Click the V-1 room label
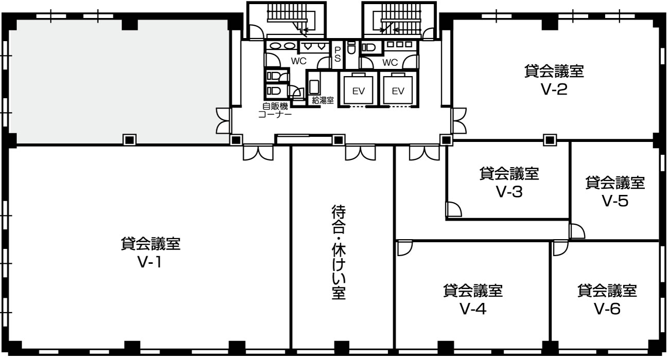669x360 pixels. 150,253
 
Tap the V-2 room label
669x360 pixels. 554,80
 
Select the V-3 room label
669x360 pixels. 509,183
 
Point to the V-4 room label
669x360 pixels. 473,299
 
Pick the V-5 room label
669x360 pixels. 615,191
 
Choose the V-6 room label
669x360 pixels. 607,299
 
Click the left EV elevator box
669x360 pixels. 358,89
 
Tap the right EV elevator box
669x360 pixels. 398,89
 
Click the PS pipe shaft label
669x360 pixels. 338,54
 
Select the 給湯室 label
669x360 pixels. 323,100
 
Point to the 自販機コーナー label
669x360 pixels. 275,110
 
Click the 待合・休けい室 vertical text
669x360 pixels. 339,251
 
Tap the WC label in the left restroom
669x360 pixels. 298,61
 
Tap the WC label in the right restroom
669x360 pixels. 390,62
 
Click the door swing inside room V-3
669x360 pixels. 454,209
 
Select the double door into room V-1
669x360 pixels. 258,153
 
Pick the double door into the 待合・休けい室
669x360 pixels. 360,153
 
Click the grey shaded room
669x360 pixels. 119,81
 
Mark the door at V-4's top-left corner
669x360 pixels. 404,248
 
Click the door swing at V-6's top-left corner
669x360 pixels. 560,248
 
